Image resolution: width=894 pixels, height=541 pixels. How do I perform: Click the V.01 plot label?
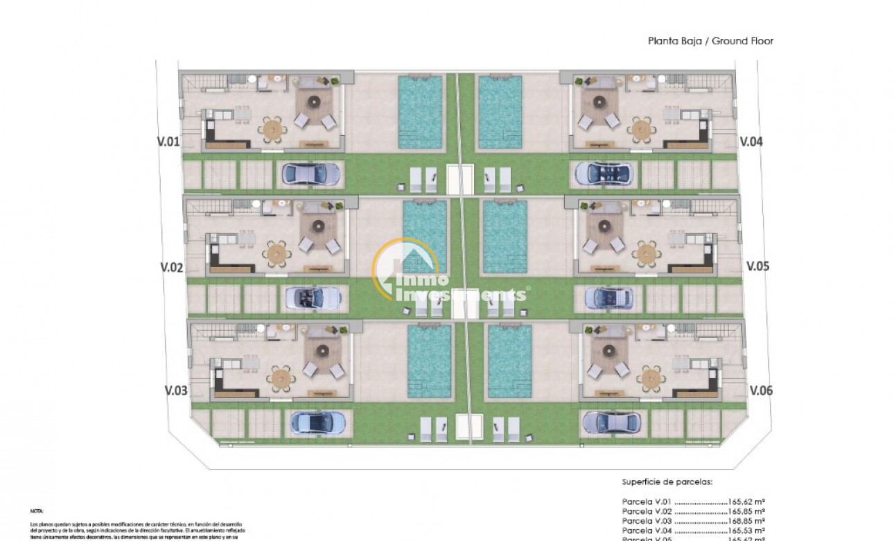point(169,141)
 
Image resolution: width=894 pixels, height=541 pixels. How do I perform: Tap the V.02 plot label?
point(171,266)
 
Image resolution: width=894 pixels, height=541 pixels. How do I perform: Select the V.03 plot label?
point(175,390)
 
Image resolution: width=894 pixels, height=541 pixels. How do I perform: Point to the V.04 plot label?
point(751,141)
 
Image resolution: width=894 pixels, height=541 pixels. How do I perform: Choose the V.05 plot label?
point(757,266)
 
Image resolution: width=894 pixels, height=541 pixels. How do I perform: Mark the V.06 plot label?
point(760,390)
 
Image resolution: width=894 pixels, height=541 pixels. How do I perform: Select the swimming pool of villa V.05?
point(505,236)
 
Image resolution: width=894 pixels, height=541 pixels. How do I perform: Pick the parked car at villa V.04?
point(602,173)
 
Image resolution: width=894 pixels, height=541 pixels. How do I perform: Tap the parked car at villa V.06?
point(608,421)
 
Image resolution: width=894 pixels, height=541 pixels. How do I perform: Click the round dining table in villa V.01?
point(272,129)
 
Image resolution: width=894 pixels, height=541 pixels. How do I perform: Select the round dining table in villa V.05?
point(646,253)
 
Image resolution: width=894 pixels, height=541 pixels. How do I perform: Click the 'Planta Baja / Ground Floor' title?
point(710,41)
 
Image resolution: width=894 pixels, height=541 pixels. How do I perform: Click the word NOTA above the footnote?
point(36,510)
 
